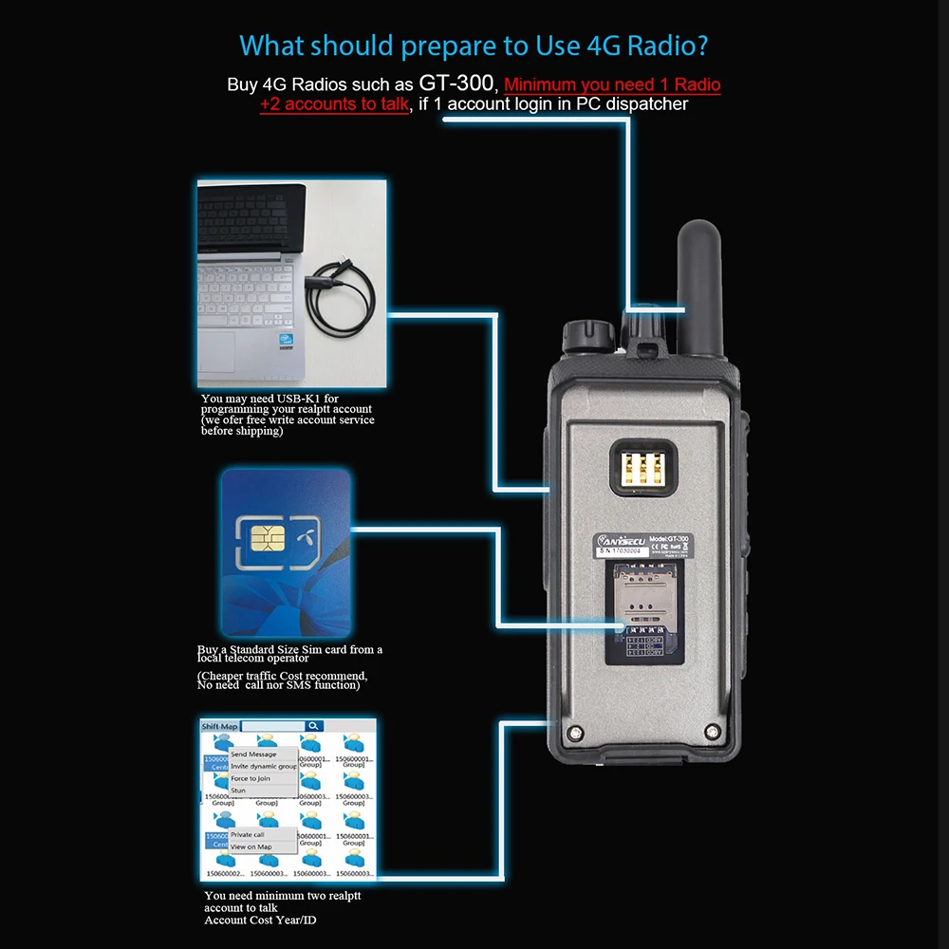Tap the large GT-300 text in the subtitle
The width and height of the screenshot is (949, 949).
(456, 83)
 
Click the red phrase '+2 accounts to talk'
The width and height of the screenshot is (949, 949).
(334, 104)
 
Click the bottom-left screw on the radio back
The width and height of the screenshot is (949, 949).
(576, 732)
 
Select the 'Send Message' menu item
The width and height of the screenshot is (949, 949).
(253, 754)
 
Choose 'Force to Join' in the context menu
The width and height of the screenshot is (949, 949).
(251, 778)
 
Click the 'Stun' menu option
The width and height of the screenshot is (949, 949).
(238, 791)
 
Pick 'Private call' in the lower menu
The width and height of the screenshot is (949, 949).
(248, 835)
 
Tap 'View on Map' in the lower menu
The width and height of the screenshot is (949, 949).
(251, 847)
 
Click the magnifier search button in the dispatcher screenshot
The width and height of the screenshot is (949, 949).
(313, 726)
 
